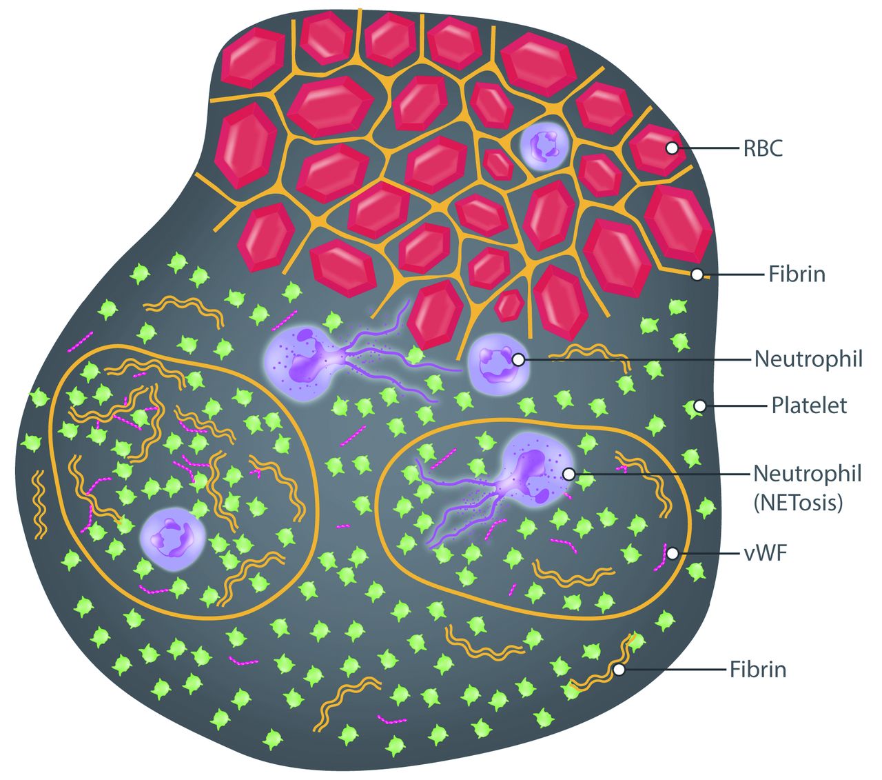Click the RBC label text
pyautogui.click(x=763, y=148)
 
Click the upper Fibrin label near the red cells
pyautogui.click(x=797, y=274)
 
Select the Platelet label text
pyautogui.click(x=808, y=406)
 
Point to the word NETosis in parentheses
pyautogui.click(x=798, y=503)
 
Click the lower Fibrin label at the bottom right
pyautogui.click(x=758, y=669)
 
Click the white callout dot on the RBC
pyautogui.click(x=671, y=148)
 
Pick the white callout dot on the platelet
pyautogui.click(x=699, y=406)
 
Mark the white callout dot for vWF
pyautogui.click(x=673, y=553)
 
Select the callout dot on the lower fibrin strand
pyautogui.click(x=619, y=669)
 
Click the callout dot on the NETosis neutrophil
pyautogui.click(x=568, y=474)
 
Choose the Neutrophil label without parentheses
pyautogui.click(x=808, y=359)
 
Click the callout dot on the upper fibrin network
pyautogui.click(x=697, y=274)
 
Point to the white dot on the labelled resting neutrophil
pyautogui.click(x=517, y=359)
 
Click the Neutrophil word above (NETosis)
pyautogui.click(x=807, y=474)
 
